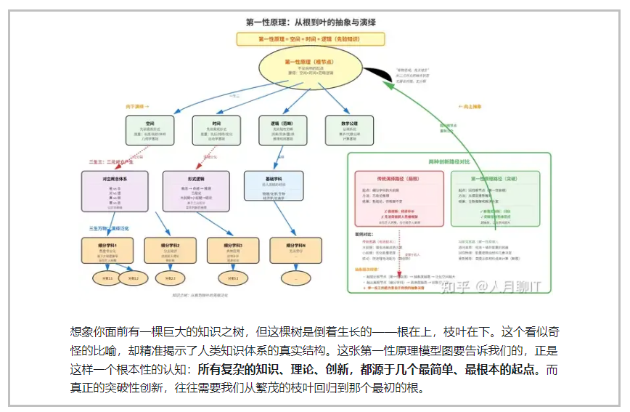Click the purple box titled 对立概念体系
click(115, 191)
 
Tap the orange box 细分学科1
click(107, 251)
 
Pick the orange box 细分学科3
click(233, 251)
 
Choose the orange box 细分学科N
click(295, 251)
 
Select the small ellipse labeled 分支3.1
click(233, 278)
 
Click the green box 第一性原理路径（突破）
click(496, 198)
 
